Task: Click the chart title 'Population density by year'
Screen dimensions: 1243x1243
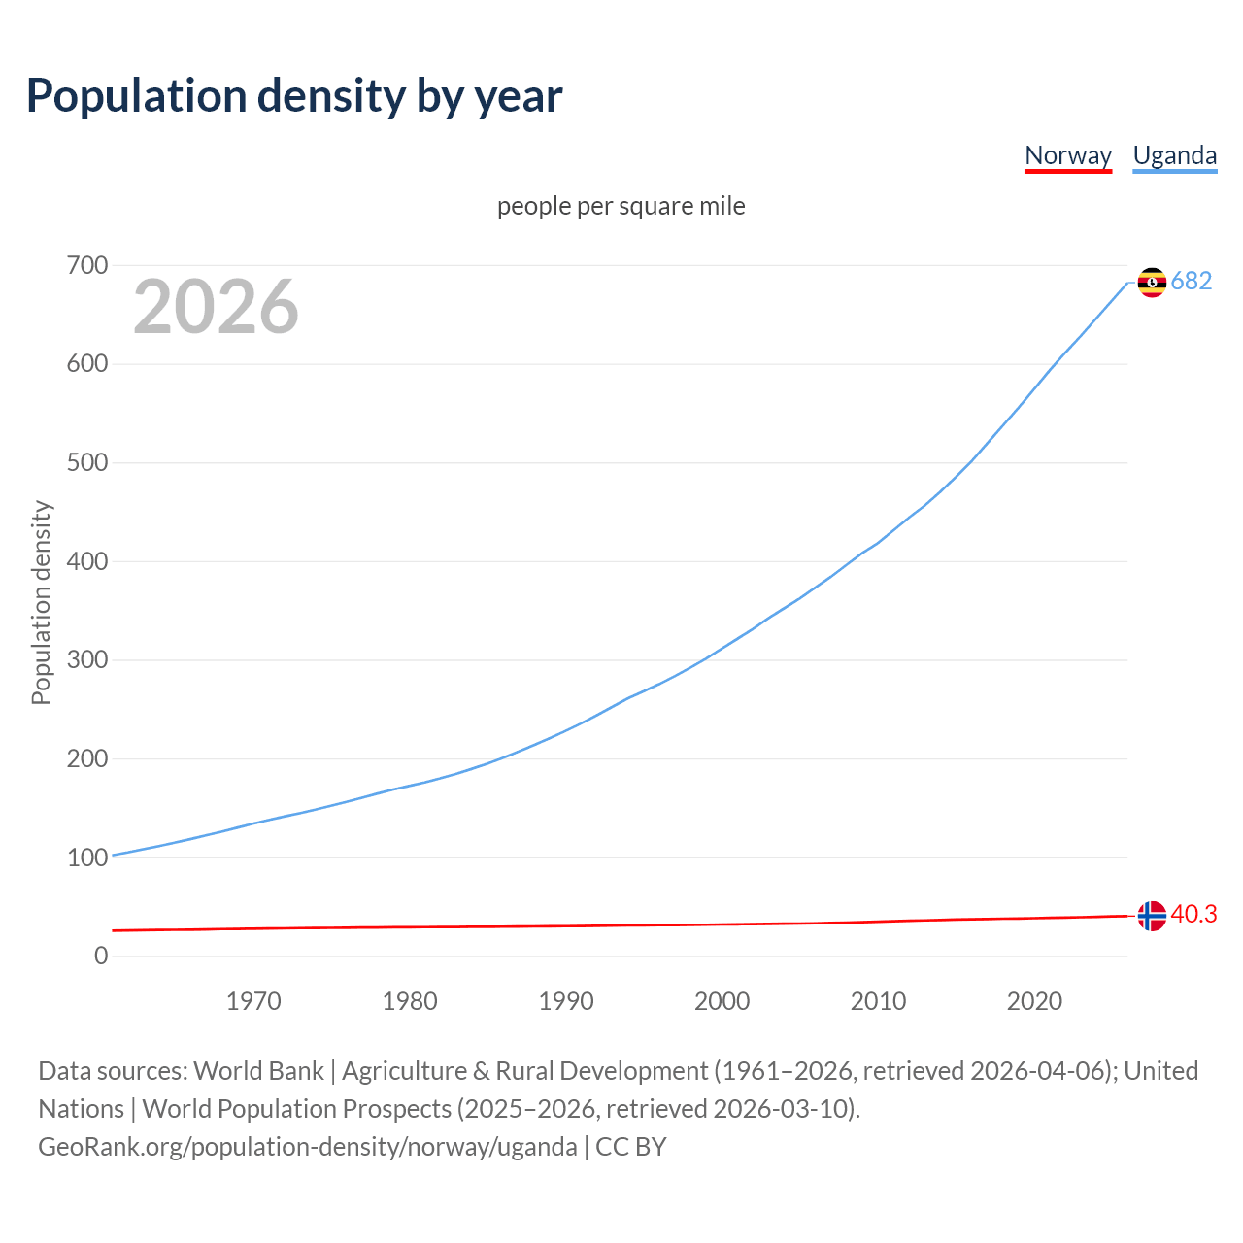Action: coord(294,96)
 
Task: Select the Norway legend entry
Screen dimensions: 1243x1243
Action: coord(1067,155)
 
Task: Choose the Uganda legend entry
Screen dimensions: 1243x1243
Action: coord(1174,155)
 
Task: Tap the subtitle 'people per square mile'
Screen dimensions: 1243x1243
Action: coord(621,206)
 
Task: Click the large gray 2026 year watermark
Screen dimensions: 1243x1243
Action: coord(216,307)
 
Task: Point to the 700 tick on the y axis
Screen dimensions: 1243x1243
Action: coord(87,265)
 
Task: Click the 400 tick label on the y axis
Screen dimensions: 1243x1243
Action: coord(87,561)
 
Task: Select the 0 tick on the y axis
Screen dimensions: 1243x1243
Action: coord(101,956)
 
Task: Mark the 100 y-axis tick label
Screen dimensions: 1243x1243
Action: coord(87,857)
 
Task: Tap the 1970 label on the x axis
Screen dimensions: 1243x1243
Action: coord(253,1001)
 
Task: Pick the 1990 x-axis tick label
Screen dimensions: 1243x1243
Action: coord(566,1001)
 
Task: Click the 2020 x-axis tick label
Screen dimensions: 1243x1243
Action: coord(1034,1001)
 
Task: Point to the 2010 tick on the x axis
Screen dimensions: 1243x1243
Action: coord(878,1001)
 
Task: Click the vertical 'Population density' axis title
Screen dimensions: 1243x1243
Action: coord(41,602)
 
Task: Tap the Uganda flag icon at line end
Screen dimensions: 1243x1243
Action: coord(1152,282)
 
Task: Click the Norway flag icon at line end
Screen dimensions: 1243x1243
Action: coord(1152,916)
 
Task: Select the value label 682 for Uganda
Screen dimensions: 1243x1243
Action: coord(1192,282)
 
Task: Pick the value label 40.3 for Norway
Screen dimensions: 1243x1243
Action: coord(1193,915)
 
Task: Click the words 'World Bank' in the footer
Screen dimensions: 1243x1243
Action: coord(258,1071)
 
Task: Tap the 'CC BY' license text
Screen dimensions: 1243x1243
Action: coord(631,1147)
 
